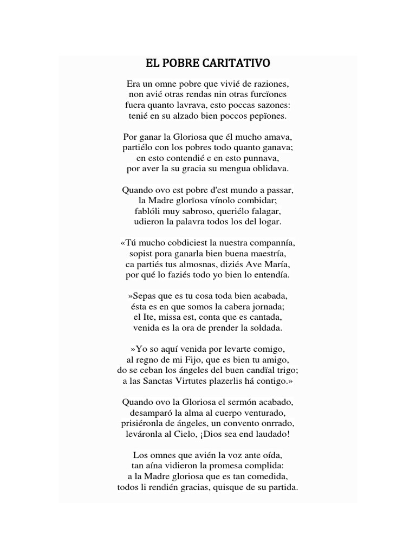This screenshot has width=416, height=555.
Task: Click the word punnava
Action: [x=261, y=158]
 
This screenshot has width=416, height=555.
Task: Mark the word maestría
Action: [x=267, y=254]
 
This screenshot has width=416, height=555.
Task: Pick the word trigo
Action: [x=285, y=370]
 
